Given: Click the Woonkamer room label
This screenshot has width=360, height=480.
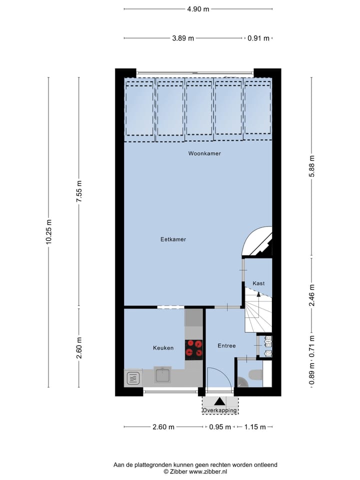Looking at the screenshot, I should coord(204,153).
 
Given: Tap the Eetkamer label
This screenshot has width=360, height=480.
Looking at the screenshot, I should coord(173,239).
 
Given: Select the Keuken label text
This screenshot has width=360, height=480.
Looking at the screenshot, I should coord(163,347).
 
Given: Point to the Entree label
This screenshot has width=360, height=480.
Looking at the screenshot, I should coord(226,345).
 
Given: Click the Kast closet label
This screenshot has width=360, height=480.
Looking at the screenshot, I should coord(258,283).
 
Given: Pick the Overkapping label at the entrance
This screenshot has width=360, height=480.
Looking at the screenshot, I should coord(220,410).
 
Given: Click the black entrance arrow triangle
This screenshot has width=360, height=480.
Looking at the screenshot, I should coord(219,401).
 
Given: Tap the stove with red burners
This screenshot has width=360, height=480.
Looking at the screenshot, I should coord(194,349).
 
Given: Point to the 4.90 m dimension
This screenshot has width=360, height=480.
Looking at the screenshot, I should coord(198,9).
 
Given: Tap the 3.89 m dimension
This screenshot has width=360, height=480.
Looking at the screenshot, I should coord(183,38).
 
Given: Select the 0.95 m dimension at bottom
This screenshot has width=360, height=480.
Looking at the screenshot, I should coord(220,427).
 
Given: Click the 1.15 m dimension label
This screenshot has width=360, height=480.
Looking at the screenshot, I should coord(254,427).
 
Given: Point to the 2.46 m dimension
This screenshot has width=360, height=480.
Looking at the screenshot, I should coord(312,295).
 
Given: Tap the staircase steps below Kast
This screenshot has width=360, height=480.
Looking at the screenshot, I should coord(258,315).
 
